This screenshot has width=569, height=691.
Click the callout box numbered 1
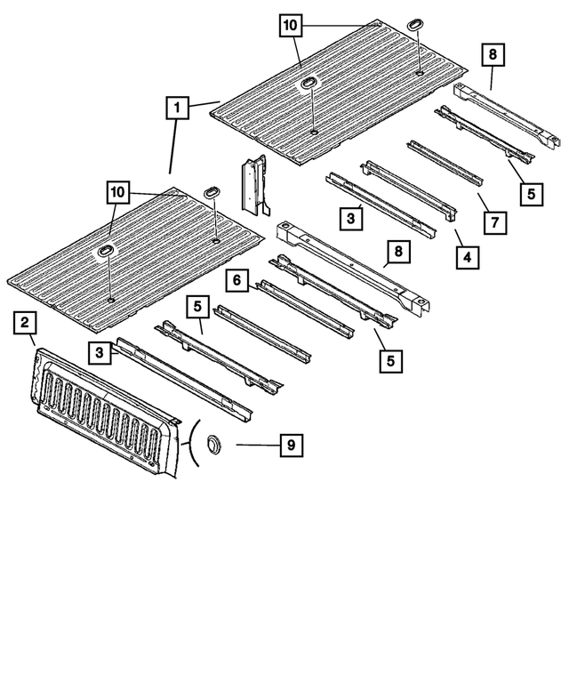tap(178, 109)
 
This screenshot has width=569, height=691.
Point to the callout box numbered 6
tap(236, 281)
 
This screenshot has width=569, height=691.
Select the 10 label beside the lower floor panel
tap(120, 192)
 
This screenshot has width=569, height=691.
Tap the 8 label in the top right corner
tap(493, 54)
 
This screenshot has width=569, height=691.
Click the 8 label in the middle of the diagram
tap(397, 253)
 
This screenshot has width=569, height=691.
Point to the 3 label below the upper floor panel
tap(352, 217)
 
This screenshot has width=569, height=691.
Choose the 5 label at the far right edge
tap(530, 192)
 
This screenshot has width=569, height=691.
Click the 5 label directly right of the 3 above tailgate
tap(198, 307)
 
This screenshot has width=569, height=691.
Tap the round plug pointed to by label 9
tap(213, 443)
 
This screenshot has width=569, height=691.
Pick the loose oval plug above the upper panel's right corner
tap(417, 23)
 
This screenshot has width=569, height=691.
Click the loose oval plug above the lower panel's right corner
tap(213, 192)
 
